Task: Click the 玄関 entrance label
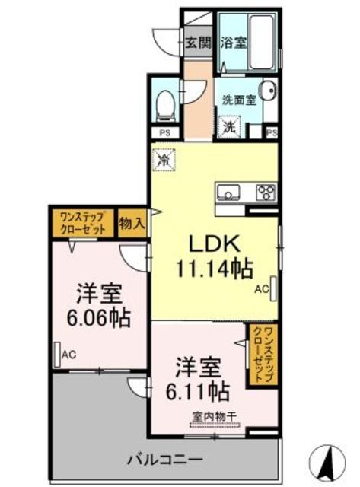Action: coord(198,43)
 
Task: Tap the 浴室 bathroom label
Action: coord(233,43)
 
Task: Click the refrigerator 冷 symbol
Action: coord(164,161)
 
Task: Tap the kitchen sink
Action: coord(229,191)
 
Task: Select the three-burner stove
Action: coord(266,191)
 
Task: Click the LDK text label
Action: coord(215,245)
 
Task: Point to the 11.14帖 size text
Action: coord(215,269)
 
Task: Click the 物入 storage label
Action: coord(132,222)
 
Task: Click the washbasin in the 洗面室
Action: coord(268,94)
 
